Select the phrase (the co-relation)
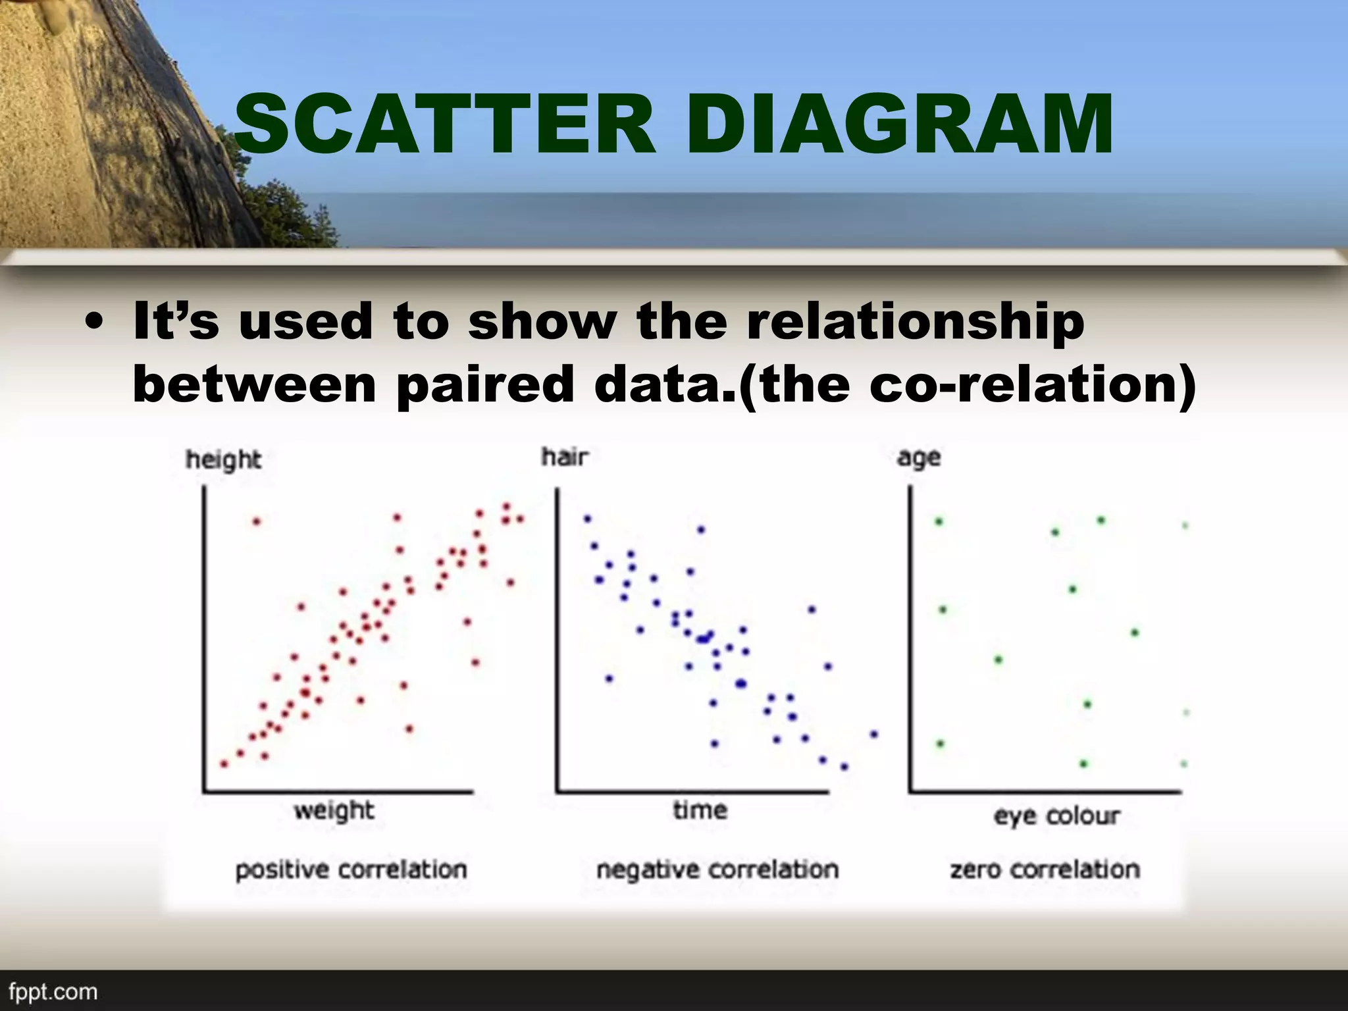click(968, 385)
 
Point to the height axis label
click(223, 460)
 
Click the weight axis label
click(334, 811)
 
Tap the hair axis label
click(565, 457)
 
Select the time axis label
click(700, 810)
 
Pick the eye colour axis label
click(1056, 816)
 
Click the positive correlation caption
click(351, 870)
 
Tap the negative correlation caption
click(717, 870)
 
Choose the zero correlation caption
click(1045, 870)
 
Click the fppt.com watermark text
click(53, 992)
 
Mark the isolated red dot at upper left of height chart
click(257, 522)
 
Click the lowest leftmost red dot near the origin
click(224, 764)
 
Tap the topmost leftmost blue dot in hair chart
click(587, 519)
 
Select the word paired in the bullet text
click(486, 385)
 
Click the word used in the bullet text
click(305, 323)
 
